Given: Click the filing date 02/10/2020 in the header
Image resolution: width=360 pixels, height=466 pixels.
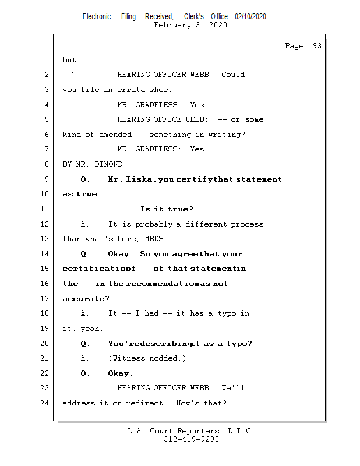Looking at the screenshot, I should click(250, 17).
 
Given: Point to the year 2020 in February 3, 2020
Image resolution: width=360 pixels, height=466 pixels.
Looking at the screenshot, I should click(218, 25).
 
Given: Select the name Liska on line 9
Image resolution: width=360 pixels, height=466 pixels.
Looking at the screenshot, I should click(140, 179).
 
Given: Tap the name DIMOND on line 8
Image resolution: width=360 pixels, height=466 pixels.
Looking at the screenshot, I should click(113, 164).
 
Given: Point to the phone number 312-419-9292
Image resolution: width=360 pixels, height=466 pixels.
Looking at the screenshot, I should click(191, 439).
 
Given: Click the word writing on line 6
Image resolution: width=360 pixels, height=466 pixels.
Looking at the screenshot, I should click(225, 135).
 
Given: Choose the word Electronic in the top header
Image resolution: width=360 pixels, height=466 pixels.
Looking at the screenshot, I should click(97, 17).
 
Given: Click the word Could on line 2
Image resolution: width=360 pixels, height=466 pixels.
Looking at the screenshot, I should click(233, 75).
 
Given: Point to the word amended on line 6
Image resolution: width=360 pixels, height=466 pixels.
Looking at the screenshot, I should click(115, 135).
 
